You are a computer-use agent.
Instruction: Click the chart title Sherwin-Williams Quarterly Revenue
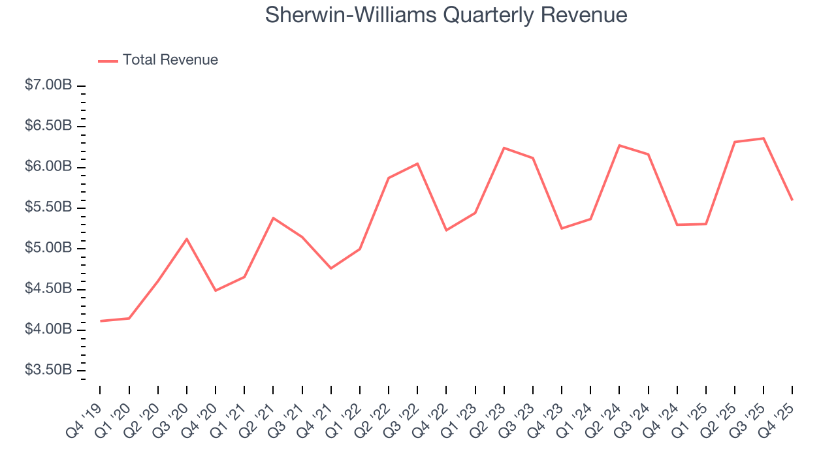click(x=446, y=15)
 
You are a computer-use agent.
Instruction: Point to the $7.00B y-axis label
click(x=48, y=86)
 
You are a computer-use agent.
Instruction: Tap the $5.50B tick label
click(x=48, y=208)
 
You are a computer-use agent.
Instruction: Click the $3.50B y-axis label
click(x=48, y=370)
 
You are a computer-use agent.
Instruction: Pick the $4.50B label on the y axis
click(x=48, y=289)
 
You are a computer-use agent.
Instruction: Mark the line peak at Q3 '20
click(x=187, y=239)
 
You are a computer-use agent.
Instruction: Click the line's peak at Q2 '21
click(x=273, y=217)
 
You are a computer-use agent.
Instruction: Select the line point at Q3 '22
click(x=417, y=163)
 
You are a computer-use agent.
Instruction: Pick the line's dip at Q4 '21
click(x=331, y=268)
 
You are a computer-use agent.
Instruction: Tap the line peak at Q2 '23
click(x=504, y=148)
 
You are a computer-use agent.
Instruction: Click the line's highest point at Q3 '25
click(x=764, y=138)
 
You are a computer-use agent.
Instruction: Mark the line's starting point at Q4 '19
click(x=101, y=321)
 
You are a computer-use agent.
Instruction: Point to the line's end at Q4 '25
click(x=792, y=200)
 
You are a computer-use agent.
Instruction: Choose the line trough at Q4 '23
click(x=562, y=228)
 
